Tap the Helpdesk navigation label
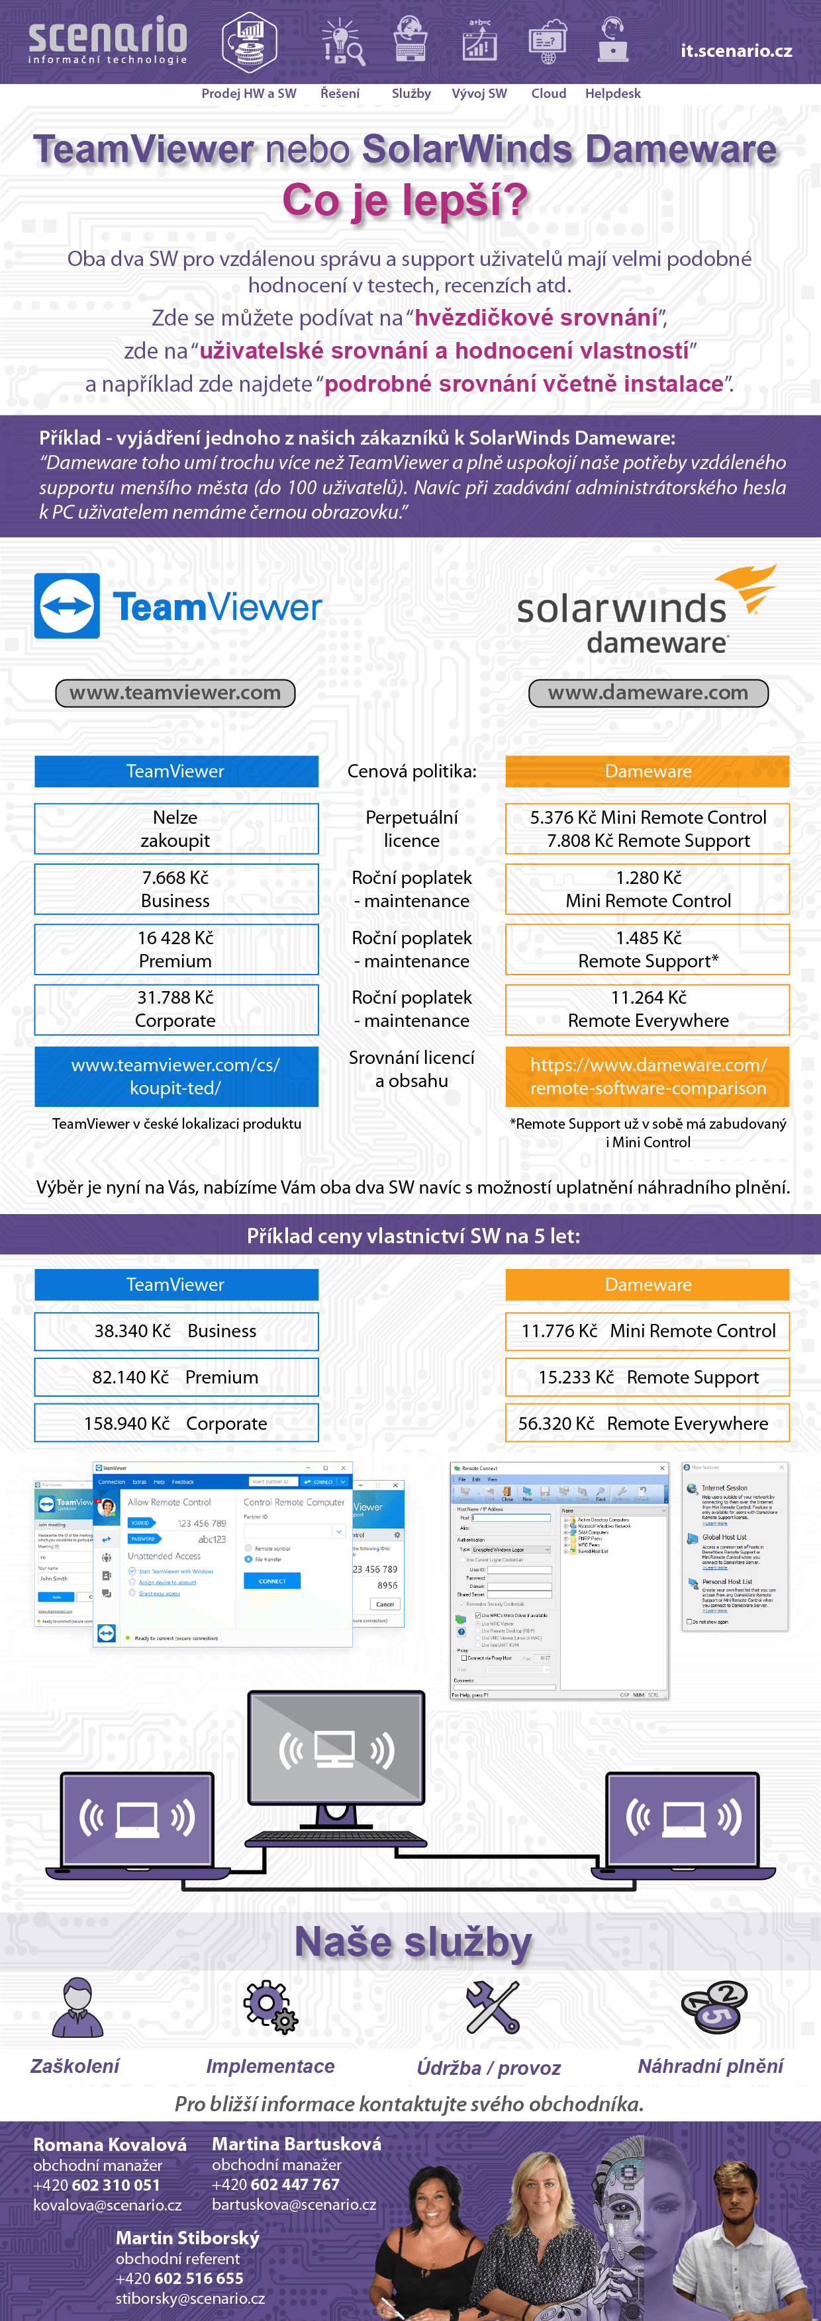(x=613, y=94)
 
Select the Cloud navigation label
(x=548, y=94)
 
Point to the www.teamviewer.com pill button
(x=175, y=693)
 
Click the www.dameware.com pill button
(x=648, y=693)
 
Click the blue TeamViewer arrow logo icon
(x=68, y=606)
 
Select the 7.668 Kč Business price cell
(x=175, y=889)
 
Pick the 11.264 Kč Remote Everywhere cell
(x=648, y=1009)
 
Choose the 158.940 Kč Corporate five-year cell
(x=175, y=1424)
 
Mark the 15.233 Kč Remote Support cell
(x=648, y=1378)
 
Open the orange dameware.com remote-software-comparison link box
(x=648, y=1076)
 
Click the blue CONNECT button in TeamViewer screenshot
(x=271, y=1581)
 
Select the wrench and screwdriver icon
(x=492, y=2007)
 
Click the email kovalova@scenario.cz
(x=107, y=2205)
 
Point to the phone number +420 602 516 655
(x=179, y=2279)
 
